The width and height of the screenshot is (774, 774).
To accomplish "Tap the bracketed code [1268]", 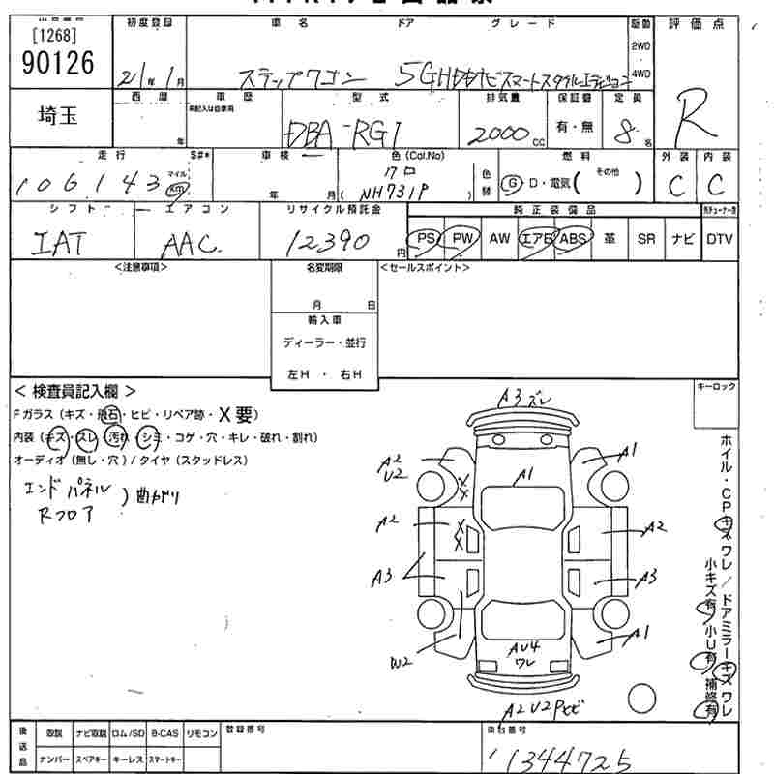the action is (x=56, y=37).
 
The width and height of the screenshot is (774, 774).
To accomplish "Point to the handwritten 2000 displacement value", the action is (x=494, y=134).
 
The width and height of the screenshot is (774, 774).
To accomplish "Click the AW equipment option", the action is (x=498, y=238).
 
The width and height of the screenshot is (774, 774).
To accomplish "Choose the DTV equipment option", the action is (x=719, y=238).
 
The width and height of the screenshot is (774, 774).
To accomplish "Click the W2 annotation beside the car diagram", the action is (x=402, y=663).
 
